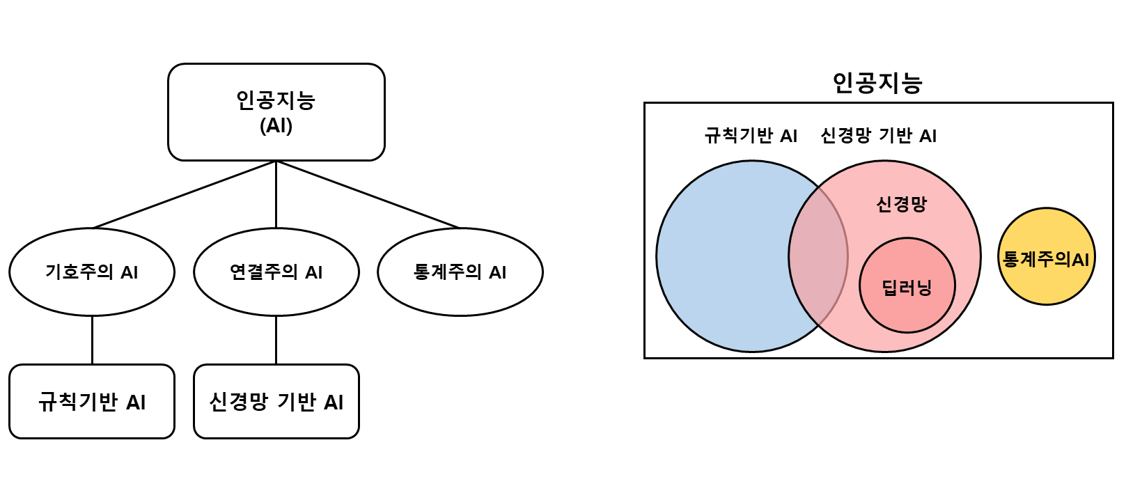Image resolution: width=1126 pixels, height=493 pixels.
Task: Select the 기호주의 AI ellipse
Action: (92, 272)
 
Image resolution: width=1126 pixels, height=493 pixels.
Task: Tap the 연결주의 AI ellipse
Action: (276, 272)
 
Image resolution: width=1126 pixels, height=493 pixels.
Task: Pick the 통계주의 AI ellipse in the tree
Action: (460, 272)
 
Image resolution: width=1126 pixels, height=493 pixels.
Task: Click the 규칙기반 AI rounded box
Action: (92, 402)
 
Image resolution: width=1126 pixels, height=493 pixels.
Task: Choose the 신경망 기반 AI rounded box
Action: (276, 402)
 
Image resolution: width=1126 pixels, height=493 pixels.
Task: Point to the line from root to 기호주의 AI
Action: (185, 195)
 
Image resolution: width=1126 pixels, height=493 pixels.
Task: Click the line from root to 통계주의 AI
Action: (368, 195)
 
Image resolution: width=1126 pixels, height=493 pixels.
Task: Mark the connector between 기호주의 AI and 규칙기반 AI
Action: (92, 340)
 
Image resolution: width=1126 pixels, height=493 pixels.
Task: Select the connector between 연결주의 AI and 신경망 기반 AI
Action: (276, 340)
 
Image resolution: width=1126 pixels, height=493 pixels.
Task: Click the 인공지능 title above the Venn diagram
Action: (877, 83)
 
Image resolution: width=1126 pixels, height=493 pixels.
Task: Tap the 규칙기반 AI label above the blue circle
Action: (751, 136)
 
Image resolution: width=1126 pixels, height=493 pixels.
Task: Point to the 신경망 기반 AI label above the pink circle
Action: (879, 136)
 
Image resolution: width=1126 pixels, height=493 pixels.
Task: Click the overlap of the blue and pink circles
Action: (819, 256)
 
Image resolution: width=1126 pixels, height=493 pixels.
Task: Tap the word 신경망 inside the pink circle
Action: (902, 204)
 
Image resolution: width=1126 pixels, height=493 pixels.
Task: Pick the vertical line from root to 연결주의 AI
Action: (276, 195)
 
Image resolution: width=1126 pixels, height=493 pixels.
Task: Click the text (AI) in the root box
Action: (276, 126)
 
